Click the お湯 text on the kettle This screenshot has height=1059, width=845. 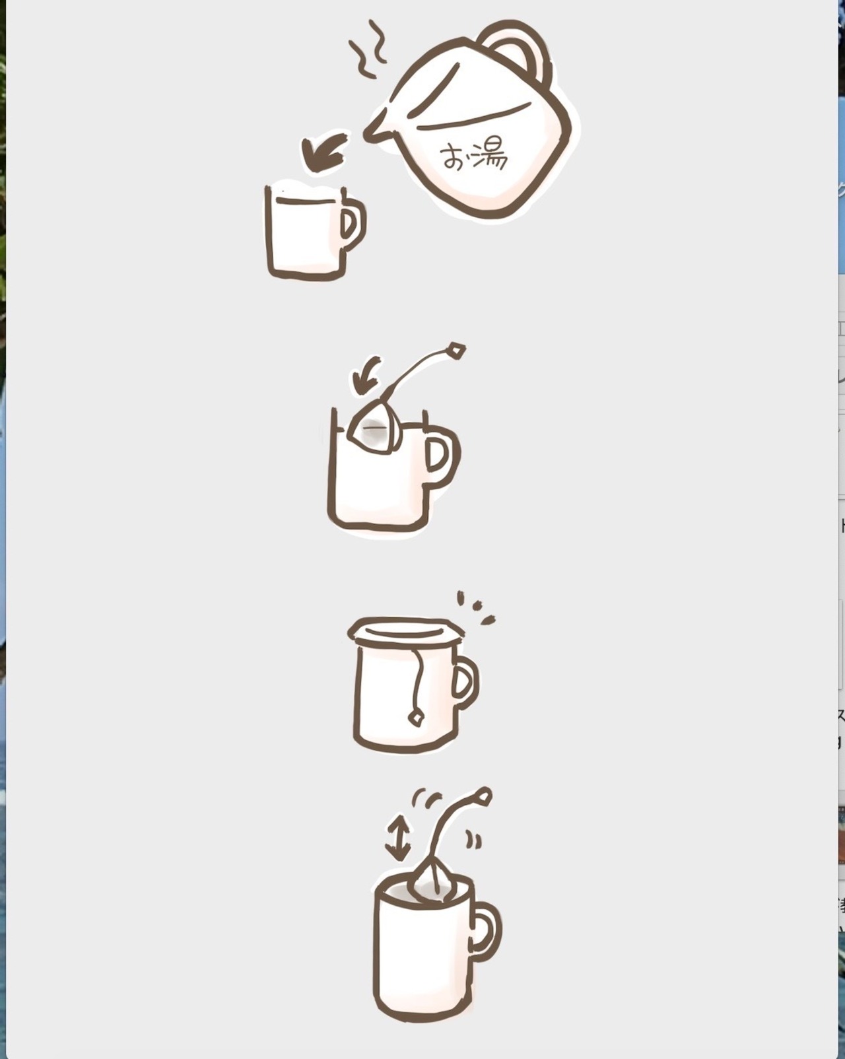click(x=473, y=156)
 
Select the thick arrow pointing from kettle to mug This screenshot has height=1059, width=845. click(x=324, y=153)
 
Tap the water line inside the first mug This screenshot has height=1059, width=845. click(x=305, y=200)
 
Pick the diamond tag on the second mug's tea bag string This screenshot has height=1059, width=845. click(x=456, y=351)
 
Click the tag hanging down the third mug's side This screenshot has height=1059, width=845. click(x=416, y=718)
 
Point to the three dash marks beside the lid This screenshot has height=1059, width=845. click(x=475, y=608)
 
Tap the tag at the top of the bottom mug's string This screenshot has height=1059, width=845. click(x=483, y=796)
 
